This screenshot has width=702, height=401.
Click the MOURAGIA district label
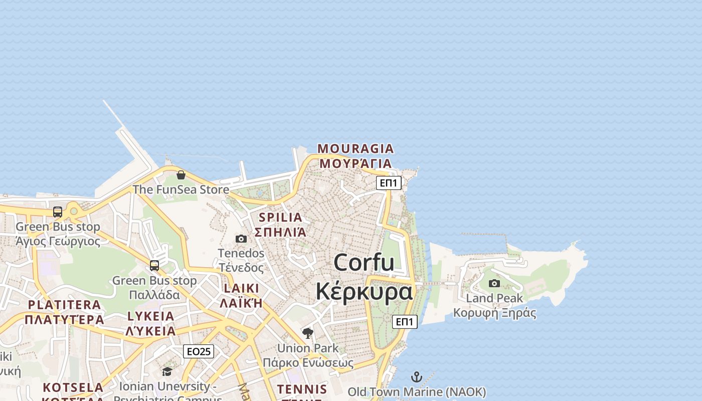356,149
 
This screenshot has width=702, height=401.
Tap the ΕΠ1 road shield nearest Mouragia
389,183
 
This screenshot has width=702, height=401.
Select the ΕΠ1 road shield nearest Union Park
405,322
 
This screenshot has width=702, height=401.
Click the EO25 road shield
199,351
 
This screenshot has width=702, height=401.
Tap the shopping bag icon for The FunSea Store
181,174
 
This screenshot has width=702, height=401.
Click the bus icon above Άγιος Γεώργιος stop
58,212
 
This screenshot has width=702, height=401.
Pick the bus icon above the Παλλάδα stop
154,266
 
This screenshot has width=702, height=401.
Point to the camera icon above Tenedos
241,239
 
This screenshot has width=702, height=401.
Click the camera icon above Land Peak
494,283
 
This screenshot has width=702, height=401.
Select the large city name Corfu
364,263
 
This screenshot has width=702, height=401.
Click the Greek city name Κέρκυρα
364,291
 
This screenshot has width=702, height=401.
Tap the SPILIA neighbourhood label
281,218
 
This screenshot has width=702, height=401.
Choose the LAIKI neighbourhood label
241,288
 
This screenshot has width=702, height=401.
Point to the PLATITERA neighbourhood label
64,305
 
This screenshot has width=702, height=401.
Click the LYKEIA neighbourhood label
151,316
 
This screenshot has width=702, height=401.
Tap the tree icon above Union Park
308,333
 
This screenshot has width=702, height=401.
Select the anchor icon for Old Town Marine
417,377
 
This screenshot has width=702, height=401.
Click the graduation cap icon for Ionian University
167,371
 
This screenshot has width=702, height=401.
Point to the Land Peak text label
494,298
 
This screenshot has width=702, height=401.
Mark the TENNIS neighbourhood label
302,389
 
